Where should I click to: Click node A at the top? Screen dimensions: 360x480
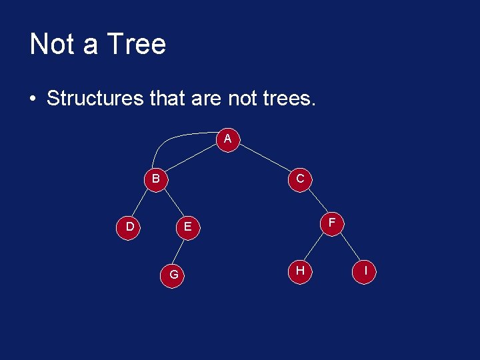point(228,139)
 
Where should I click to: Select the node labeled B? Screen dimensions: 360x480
point(155,179)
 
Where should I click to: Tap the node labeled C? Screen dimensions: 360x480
point(300,179)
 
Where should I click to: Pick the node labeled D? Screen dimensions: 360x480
point(130,227)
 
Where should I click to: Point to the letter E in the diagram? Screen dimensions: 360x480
point(188,227)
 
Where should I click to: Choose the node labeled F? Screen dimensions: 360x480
point(332,222)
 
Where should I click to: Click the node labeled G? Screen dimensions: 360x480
point(173,274)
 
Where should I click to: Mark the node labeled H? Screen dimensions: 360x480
point(300,270)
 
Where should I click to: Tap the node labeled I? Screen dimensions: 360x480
point(365,271)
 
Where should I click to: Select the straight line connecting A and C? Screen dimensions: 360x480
point(265,159)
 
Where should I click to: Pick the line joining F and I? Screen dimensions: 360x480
point(349,247)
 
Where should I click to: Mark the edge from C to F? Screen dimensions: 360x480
point(316,200)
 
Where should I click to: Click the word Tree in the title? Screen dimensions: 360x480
point(136,45)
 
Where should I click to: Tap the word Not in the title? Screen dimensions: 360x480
point(52,45)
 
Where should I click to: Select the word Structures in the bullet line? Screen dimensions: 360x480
point(95,99)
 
